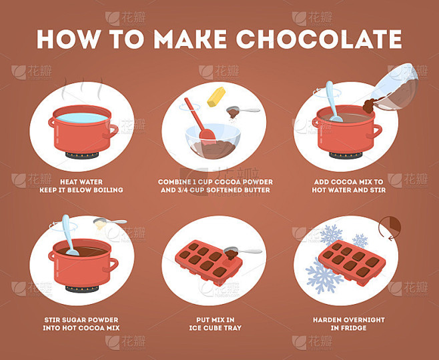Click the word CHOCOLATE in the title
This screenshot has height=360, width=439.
tap(320, 39)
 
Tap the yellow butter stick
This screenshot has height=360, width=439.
tap(216, 97)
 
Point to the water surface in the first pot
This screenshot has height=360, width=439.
tap(82, 118)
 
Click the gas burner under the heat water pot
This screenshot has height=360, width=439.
tap(82, 155)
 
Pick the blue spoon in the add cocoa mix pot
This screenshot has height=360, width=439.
tap(333, 101)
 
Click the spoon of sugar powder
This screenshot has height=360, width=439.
tap(109, 223)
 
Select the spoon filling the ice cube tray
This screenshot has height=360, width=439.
tap(242, 252)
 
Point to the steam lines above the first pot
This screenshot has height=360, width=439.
tap(82, 88)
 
